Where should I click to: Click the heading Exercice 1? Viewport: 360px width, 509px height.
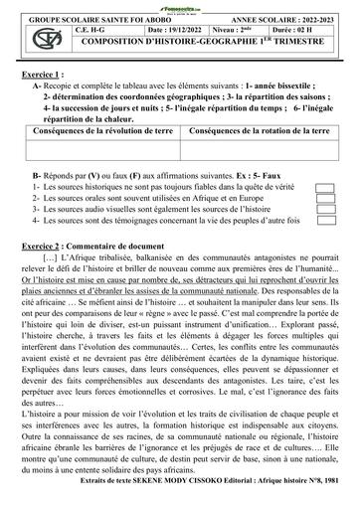[43, 75]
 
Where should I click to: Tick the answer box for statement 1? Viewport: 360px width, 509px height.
[326, 187]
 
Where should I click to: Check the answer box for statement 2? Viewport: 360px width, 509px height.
[326, 198]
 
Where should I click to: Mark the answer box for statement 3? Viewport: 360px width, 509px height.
[326, 209]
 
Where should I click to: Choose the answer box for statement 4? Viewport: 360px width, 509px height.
[326, 220]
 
